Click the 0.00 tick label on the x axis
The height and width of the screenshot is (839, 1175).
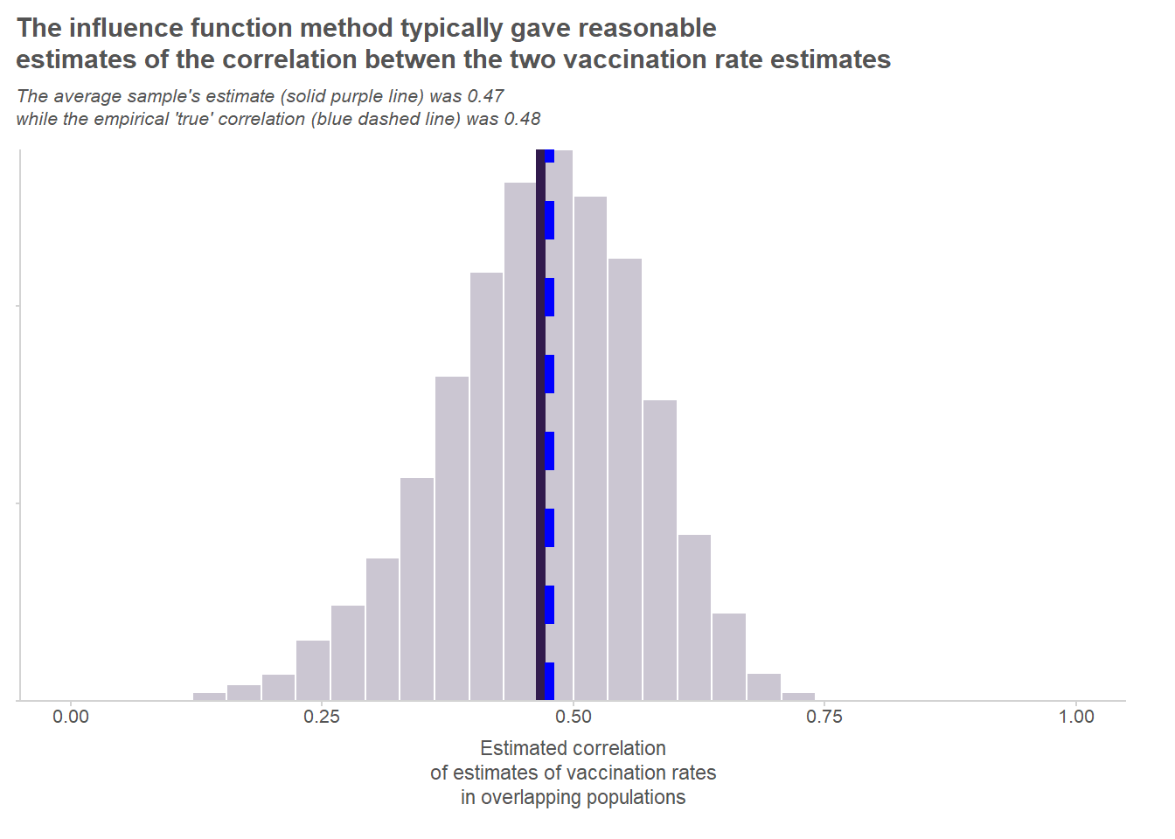click(71, 717)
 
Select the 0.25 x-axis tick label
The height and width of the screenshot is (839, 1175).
click(322, 717)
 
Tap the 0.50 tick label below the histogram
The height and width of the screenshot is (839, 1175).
click(574, 717)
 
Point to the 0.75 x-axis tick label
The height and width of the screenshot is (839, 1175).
click(824, 717)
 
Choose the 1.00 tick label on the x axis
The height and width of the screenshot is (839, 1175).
click(1076, 717)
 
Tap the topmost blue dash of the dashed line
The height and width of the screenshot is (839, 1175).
click(550, 156)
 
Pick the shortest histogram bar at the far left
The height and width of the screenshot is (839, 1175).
click(209, 697)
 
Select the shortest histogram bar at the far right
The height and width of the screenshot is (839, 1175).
click(798, 697)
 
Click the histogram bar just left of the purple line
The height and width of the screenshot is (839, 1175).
click(520, 437)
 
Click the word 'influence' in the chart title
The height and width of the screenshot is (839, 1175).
click(125, 28)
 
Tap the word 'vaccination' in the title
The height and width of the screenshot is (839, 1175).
click(643, 59)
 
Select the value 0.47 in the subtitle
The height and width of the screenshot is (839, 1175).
click(485, 96)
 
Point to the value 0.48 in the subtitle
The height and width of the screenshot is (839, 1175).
click(522, 119)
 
